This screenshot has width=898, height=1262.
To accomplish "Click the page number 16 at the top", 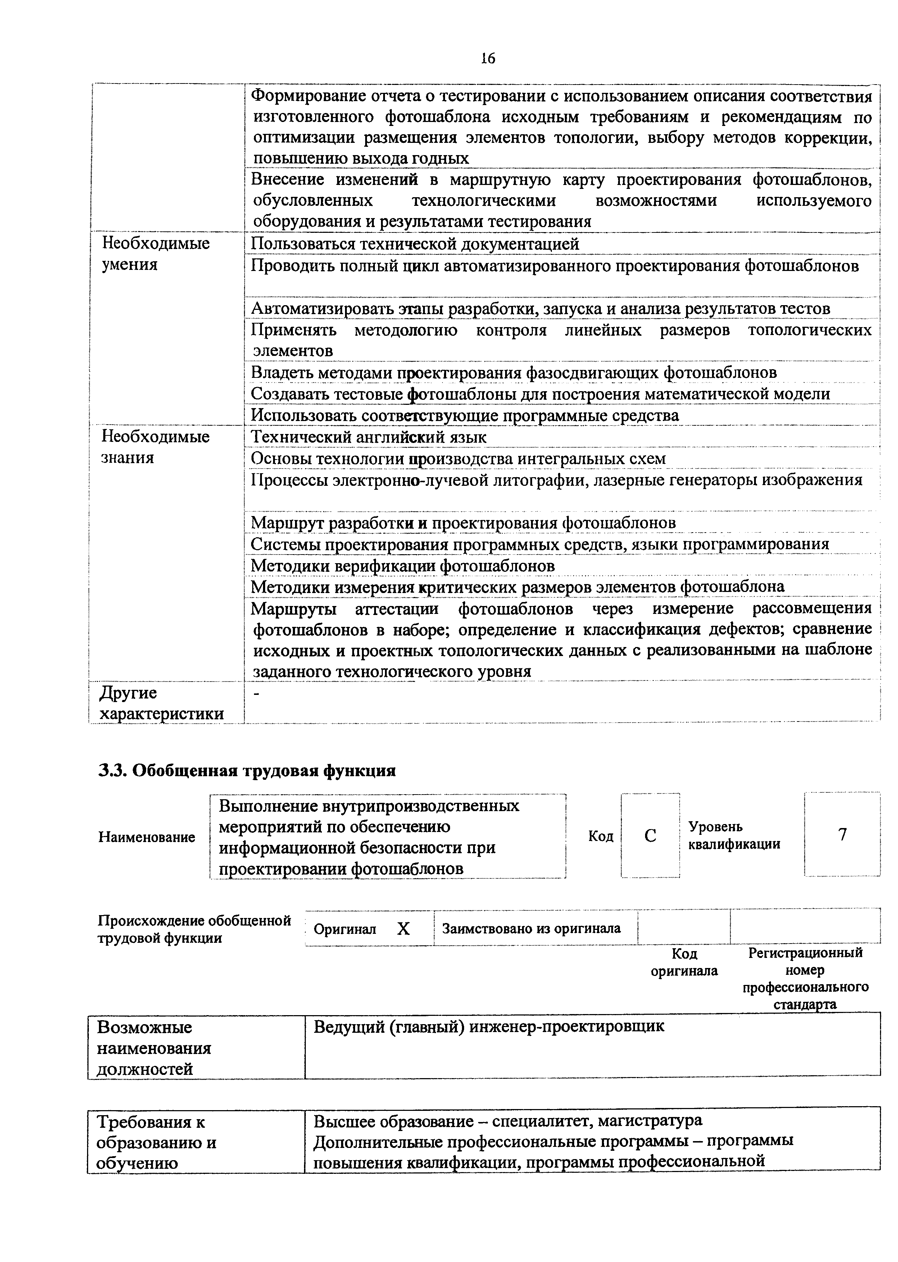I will coord(488,58).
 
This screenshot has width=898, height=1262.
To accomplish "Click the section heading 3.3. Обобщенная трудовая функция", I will coord(247,770).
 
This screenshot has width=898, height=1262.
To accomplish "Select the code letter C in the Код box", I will coord(650,835).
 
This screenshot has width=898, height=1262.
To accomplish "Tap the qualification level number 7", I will coord(842,834).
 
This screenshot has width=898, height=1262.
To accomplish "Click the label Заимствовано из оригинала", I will coord(531,928).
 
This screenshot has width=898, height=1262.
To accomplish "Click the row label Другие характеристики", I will coord(162,703).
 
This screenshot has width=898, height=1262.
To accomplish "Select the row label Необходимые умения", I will coord(155,253).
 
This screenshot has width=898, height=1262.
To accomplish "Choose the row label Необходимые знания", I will coord(155,447).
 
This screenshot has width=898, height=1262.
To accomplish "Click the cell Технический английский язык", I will coord(369,437).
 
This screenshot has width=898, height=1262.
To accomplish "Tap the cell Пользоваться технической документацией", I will coord(415,243).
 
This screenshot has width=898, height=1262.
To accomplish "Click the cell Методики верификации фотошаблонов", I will coord(403,566).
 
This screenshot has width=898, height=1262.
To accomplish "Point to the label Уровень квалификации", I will coord(734,835).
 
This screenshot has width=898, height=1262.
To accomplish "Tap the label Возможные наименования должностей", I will coord(153,1048).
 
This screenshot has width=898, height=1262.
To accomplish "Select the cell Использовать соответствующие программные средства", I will coord(464,415).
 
